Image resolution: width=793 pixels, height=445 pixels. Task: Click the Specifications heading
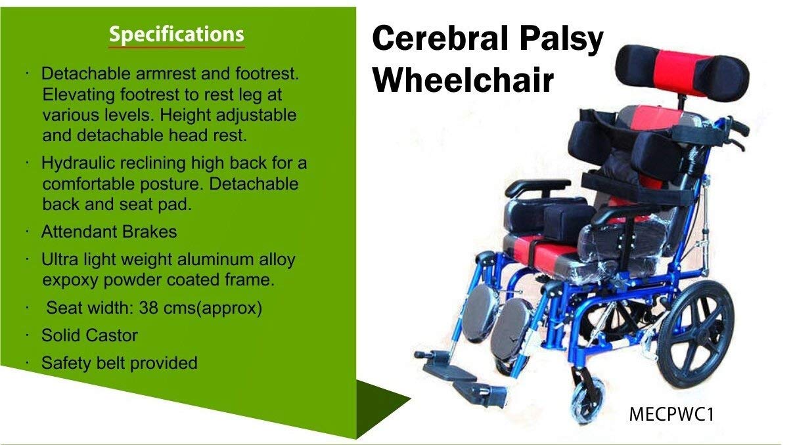(x=176, y=35)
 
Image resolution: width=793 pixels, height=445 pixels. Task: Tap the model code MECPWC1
(x=671, y=414)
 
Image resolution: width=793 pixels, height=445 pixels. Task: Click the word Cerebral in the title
(x=440, y=38)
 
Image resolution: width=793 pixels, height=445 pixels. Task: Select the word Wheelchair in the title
(x=463, y=80)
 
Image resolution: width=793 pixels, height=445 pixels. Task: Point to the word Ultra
(x=60, y=259)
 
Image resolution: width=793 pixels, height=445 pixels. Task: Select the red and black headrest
(x=682, y=72)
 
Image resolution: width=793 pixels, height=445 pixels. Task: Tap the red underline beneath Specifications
(x=176, y=47)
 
